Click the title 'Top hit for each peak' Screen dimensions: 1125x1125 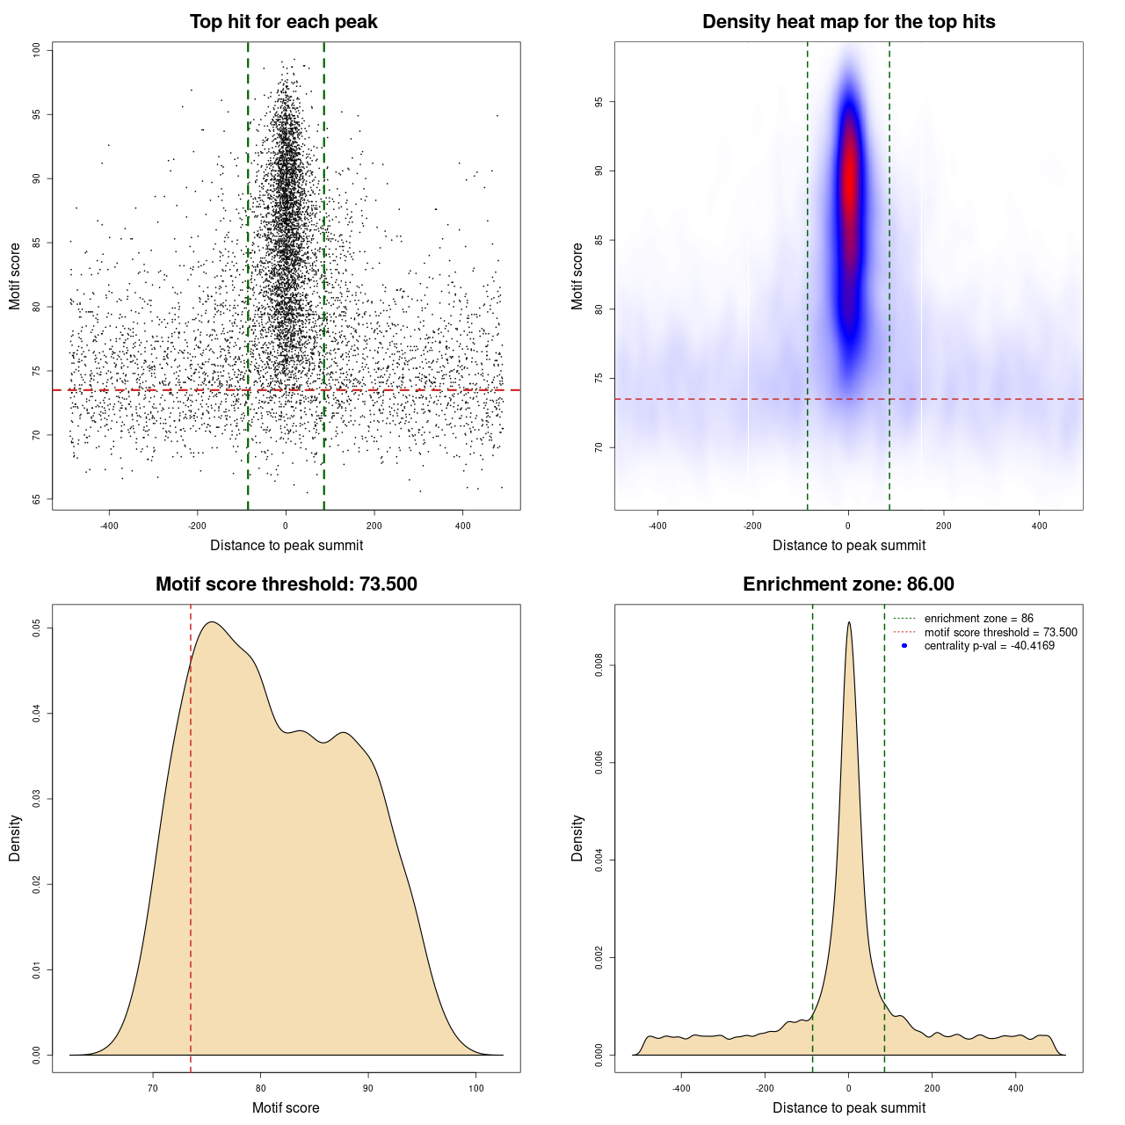tap(284, 22)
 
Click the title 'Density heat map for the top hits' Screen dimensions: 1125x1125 tap(848, 22)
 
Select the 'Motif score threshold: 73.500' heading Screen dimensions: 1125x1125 tap(286, 584)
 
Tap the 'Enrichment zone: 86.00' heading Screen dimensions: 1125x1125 tap(848, 584)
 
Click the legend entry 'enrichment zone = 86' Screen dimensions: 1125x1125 tap(978, 619)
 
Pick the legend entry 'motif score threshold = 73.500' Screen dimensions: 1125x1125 tap(1000, 633)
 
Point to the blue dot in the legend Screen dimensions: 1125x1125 tap(904, 646)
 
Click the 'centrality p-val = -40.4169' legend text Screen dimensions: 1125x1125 tap(989, 646)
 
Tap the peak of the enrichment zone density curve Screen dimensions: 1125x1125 tap(849, 623)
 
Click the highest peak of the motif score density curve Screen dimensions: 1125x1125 tap(212, 622)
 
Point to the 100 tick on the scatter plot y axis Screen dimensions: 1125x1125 tap(36, 50)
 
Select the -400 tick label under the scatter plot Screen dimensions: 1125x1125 tap(109, 526)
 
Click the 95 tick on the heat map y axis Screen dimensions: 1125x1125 tap(599, 102)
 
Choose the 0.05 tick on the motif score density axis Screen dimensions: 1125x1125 tap(36, 628)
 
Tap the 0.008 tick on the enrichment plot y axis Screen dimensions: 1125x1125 tap(599, 666)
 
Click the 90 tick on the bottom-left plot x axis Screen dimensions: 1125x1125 tap(368, 1088)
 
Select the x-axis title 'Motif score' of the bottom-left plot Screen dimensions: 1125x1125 tap(286, 1107)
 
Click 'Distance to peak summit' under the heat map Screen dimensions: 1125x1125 tap(848, 545)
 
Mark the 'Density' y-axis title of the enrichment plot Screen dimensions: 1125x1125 tap(577, 838)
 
